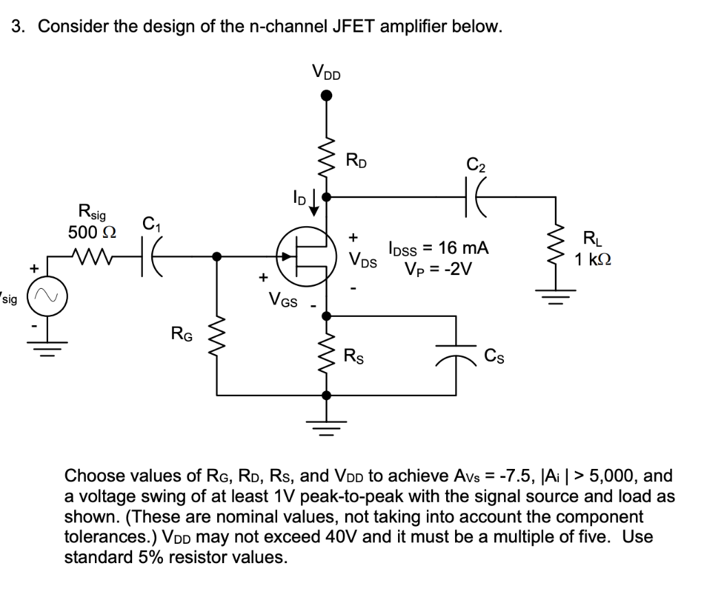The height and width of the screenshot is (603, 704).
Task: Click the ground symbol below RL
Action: (x=558, y=296)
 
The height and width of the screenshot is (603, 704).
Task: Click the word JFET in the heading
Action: (x=358, y=27)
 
